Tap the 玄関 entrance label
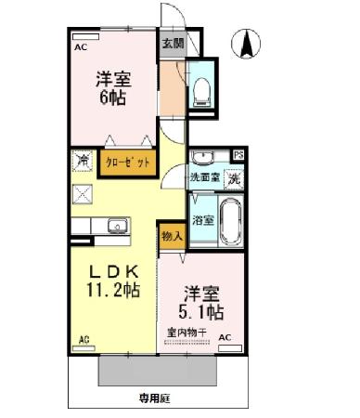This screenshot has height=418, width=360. tap(172, 44)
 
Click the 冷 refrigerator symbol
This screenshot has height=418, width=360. tap(81, 160)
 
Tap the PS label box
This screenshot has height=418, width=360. tap(238, 155)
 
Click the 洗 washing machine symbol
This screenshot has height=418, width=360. tap(235, 177)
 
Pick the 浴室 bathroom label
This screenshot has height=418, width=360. tap(203, 220)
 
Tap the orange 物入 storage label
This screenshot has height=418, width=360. tap(172, 238)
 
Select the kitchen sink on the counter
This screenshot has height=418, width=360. tap(117, 227)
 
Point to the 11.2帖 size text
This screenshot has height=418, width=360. tap(114, 291)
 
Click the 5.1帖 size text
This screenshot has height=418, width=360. tap(201, 309)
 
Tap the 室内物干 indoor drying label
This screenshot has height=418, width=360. tap(186, 332)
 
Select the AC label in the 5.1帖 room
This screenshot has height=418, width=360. tap(225, 338)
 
